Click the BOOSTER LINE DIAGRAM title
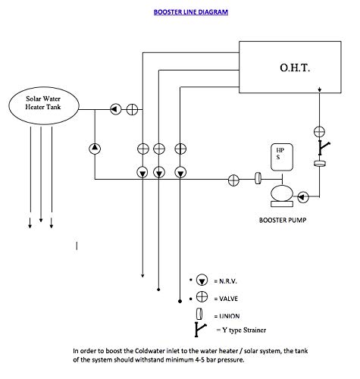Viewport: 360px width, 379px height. [x=191, y=12]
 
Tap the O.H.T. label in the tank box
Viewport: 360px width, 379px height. [x=295, y=67]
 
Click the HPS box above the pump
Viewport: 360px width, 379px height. [x=282, y=157]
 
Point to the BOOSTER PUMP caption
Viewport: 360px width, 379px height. [x=283, y=220]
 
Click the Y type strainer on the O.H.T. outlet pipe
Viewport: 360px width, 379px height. [x=324, y=148]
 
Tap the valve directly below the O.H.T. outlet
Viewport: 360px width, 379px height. [x=319, y=132]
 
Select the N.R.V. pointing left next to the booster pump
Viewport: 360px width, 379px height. [x=303, y=197]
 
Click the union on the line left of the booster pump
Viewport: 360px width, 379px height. [x=258, y=178]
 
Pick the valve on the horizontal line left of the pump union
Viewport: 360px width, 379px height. [x=233, y=180]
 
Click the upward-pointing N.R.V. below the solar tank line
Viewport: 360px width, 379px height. [x=95, y=149]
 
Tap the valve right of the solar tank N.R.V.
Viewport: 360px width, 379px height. [x=132, y=109]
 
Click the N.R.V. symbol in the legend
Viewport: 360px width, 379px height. [x=202, y=280]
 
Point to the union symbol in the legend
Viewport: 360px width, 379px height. [x=199, y=314]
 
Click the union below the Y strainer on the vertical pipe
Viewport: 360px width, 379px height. [x=320, y=164]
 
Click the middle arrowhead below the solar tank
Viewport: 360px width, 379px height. [x=41, y=220]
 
